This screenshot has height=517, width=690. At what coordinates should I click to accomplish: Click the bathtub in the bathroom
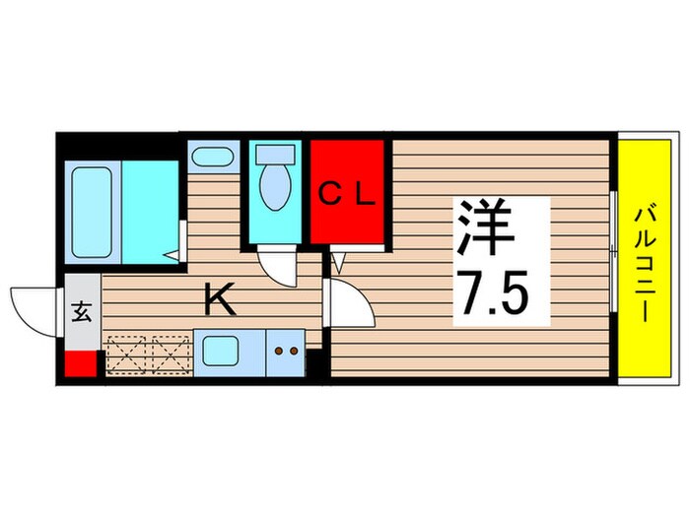point(93,211)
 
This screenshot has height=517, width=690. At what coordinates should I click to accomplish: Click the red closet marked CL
point(347,192)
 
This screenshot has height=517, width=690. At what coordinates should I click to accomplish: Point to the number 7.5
point(500,291)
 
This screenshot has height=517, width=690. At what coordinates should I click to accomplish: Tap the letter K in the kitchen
point(219,299)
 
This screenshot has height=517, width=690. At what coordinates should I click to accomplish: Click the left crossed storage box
point(125,354)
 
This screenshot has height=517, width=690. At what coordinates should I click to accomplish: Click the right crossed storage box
point(169,354)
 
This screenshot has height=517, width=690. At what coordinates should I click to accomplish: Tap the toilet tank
point(275,155)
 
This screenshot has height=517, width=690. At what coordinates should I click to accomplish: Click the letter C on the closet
point(327,195)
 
